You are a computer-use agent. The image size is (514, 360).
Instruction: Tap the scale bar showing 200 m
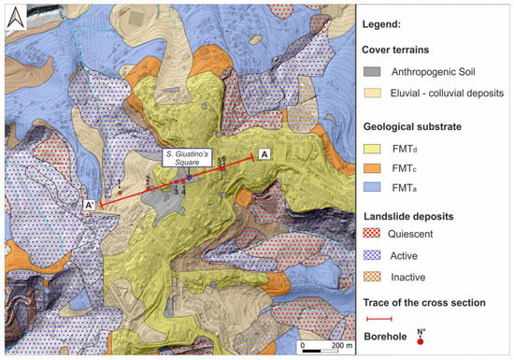click(323, 344)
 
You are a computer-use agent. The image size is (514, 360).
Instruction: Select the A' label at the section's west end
click(90, 206)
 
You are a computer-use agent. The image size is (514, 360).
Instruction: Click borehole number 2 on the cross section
click(148, 188)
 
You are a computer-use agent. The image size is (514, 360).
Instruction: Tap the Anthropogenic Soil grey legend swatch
click(373, 74)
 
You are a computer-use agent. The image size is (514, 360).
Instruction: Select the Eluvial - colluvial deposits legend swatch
click(373, 94)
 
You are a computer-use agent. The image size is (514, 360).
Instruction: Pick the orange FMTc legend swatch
click(373, 166)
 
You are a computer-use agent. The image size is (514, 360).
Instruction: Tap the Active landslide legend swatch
click(373, 254)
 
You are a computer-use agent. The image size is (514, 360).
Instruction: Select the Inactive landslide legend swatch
click(373, 278)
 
